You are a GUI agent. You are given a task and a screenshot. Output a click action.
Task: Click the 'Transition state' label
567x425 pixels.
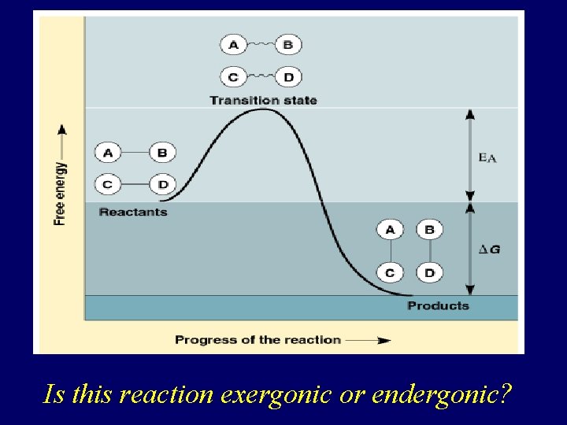click(263, 100)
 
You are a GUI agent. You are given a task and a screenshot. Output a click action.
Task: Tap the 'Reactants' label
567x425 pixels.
click(133, 212)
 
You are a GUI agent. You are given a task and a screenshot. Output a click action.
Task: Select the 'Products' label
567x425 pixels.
click(438, 305)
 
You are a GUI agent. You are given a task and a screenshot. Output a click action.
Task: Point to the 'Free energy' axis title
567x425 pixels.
click(61, 194)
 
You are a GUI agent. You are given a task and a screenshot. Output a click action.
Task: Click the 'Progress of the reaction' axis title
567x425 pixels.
click(258, 340)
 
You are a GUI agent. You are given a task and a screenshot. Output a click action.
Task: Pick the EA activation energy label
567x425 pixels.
click(487, 157)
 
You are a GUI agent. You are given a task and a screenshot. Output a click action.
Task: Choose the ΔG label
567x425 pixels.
click(489, 249)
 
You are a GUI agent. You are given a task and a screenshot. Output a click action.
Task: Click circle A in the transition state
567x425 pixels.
click(234, 45)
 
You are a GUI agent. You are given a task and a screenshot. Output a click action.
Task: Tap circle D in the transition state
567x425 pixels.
click(288, 77)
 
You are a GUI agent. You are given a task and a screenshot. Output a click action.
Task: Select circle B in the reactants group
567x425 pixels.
click(162, 152)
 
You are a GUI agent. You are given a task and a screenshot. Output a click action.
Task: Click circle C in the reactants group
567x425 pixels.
click(108, 185)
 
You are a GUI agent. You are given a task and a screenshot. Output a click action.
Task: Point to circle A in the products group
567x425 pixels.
click(390, 230)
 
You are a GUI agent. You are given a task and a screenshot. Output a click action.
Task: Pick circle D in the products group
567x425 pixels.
click(429, 273)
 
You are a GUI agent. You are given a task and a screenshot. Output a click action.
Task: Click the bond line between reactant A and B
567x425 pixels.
click(135, 152)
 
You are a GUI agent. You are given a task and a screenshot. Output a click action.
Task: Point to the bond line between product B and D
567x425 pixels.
click(429, 251)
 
